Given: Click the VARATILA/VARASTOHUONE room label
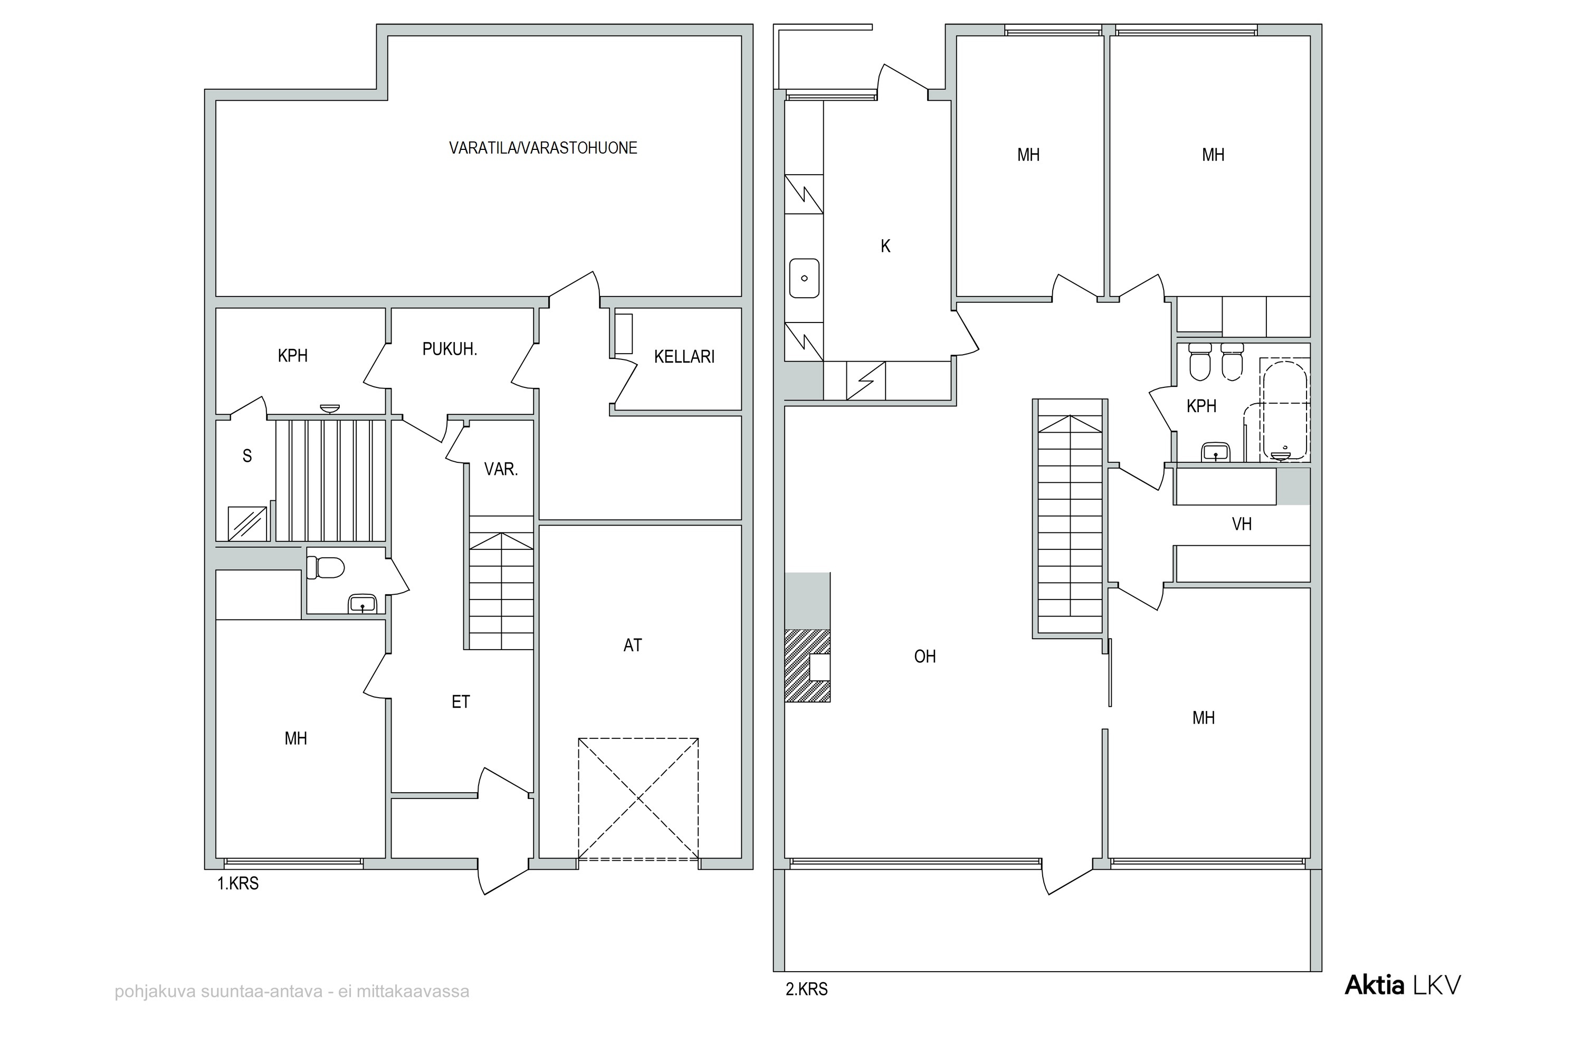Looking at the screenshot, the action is [542, 148].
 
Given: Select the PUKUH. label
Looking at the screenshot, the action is [450, 349].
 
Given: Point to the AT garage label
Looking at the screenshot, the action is [632, 645].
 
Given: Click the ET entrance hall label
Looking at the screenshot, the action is [460, 702].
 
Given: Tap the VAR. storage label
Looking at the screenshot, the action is [501, 469].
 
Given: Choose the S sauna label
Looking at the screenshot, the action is [247, 456].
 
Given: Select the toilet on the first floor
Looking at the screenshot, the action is [325, 566].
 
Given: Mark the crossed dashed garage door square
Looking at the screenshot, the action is [638, 799].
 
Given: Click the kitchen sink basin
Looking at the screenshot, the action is [804, 278].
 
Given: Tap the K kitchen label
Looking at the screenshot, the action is [885, 246].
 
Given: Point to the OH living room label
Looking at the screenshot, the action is [924, 656].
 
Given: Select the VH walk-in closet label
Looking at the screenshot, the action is [1241, 524].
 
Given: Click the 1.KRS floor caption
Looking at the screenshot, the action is [237, 883].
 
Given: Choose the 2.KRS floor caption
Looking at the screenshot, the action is [807, 989].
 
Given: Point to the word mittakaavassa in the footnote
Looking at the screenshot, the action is [413, 992].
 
